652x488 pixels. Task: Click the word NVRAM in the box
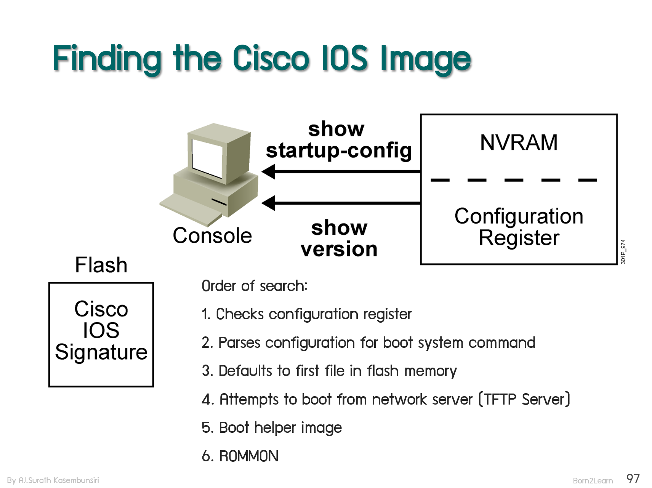tap(519, 142)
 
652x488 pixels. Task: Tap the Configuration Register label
tap(519, 227)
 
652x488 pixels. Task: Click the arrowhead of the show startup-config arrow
tap(268, 171)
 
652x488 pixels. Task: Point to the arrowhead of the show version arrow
tap(268, 203)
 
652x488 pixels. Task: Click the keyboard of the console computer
tap(191, 210)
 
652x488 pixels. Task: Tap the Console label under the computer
tap(212, 235)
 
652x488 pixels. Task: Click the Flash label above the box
tap(101, 265)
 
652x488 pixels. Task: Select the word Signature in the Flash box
tap(101, 352)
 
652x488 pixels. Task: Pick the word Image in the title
tap(426, 60)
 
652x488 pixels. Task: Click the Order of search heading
tap(255, 286)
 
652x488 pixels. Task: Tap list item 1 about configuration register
tap(307, 315)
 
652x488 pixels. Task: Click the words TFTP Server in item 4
tap(524, 399)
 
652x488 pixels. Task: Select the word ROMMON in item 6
tap(249, 456)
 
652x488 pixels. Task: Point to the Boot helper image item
tap(272, 428)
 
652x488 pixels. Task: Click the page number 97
tap(633, 478)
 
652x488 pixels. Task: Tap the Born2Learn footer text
tap(593, 481)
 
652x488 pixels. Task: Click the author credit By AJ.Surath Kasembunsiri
tap(53, 480)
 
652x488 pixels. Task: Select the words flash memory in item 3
tap(412, 371)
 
